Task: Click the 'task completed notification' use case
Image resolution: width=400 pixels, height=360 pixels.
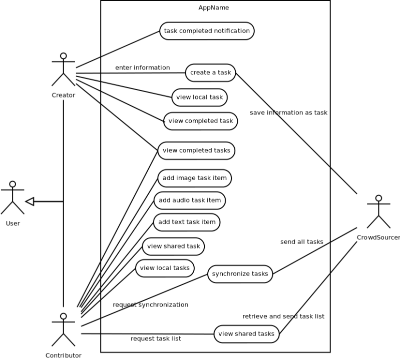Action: tap(207, 31)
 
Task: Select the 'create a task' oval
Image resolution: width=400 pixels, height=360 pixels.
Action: tap(210, 72)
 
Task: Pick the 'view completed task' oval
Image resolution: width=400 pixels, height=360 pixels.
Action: tap(200, 121)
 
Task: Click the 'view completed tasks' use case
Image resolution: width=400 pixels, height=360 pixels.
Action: tap(196, 150)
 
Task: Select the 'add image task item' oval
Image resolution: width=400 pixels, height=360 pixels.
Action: tap(195, 178)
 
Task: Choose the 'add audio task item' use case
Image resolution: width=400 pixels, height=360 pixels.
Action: tap(190, 200)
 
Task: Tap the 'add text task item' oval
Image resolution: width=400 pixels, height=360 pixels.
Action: tap(187, 222)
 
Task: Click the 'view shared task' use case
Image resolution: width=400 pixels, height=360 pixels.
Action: tap(174, 246)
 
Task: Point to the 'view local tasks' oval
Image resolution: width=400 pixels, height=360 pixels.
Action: tap(165, 268)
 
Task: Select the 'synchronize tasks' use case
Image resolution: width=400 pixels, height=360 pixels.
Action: tap(240, 273)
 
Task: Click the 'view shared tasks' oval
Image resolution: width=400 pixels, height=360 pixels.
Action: tap(246, 334)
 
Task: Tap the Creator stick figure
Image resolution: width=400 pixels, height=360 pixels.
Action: tap(63, 69)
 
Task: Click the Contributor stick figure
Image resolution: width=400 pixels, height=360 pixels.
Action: tap(63, 330)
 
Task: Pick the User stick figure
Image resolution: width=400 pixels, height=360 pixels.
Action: tap(13, 198)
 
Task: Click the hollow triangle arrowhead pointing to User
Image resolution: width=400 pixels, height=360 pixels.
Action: tap(30, 201)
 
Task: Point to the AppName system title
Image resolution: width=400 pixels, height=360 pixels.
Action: tap(214, 7)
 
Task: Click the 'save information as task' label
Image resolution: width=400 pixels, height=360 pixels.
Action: tap(288, 113)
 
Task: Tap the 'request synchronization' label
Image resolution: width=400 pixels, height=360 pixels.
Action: tap(150, 305)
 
